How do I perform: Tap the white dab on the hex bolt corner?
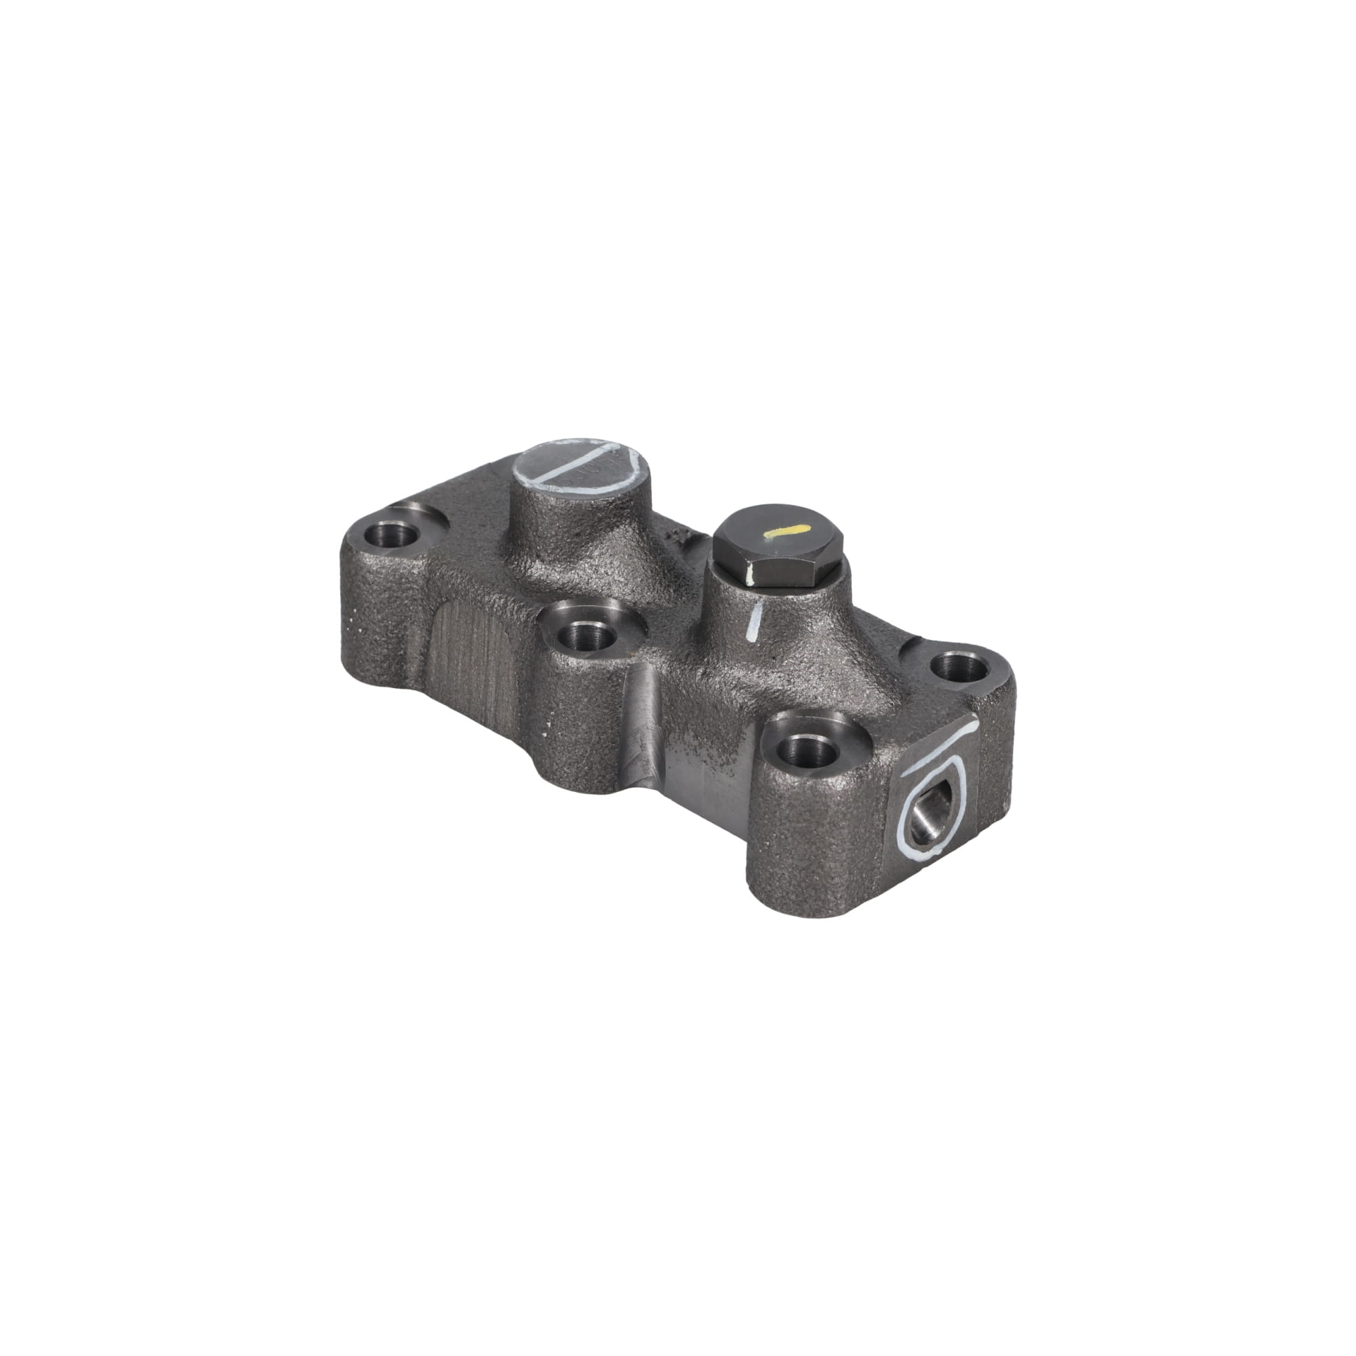751,577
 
